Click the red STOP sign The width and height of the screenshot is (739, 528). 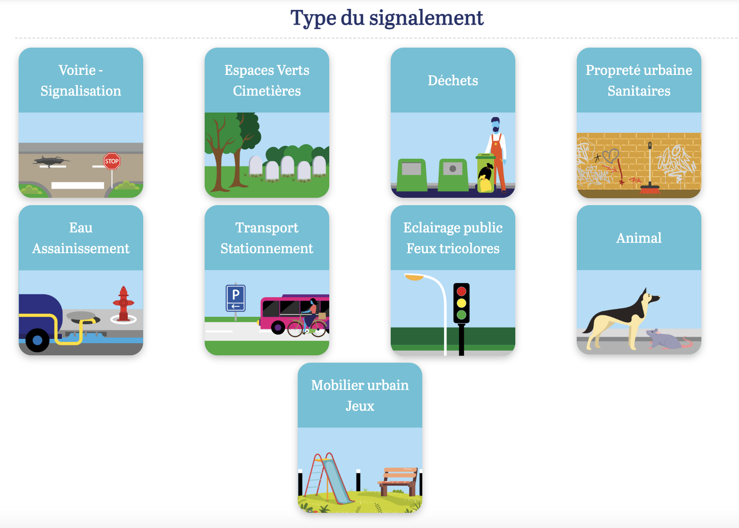[x=112, y=161]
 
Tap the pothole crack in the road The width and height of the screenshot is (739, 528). [x=51, y=161]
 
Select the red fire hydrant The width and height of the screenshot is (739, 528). [x=123, y=304]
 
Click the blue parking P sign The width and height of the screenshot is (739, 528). [x=235, y=298]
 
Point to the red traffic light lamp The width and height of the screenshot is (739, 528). [x=462, y=291]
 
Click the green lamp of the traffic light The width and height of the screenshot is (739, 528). [x=462, y=315]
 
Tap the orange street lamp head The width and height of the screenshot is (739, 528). [x=414, y=277]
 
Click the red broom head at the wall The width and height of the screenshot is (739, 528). [x=650, y=190]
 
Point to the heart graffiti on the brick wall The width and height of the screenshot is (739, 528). [x=610, y=155]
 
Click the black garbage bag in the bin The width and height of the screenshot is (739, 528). [x=485, y=172]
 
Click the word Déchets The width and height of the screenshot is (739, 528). [x=453, y=80]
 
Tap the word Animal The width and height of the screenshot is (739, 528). [x=639, y=238]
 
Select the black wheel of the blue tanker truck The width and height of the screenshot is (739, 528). [x=37, y=340]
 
